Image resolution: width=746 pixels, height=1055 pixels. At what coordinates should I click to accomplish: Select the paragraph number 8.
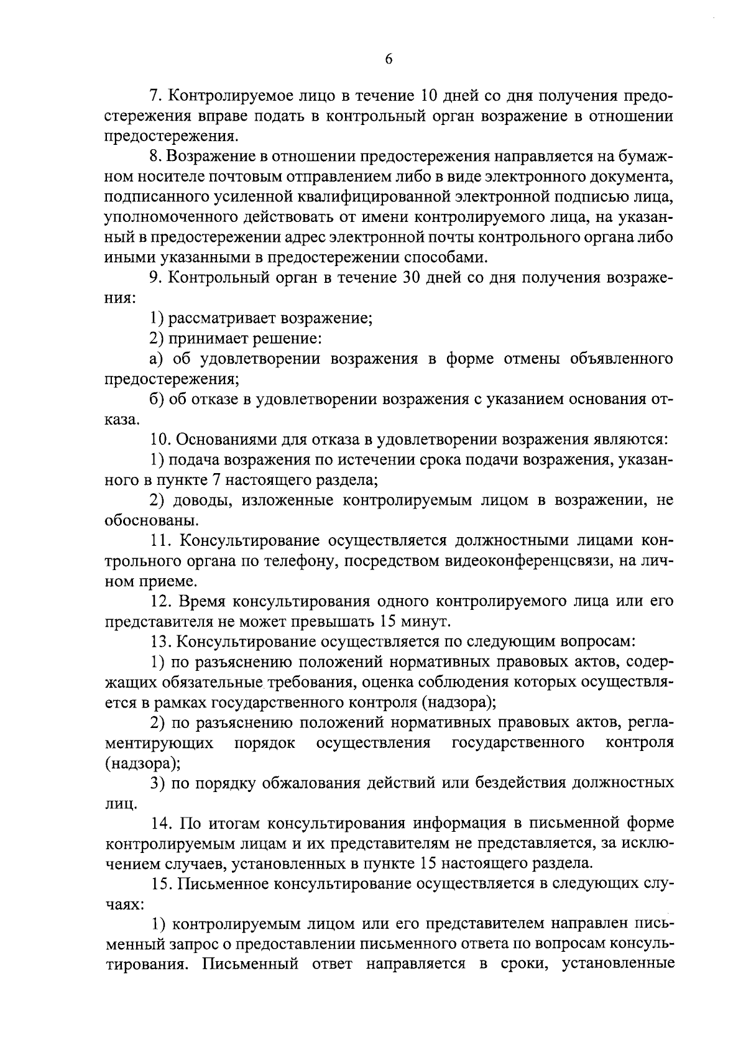(x=156, y=157)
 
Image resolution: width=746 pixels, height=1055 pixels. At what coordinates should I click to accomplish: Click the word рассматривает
(x=220, y=318)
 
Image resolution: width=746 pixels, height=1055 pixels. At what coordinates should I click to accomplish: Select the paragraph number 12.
(x=161, y=601)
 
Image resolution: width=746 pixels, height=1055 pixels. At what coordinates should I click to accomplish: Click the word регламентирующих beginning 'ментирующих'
(x=159, y=743)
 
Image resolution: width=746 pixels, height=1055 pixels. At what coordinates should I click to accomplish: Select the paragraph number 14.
(x=161, y=824)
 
